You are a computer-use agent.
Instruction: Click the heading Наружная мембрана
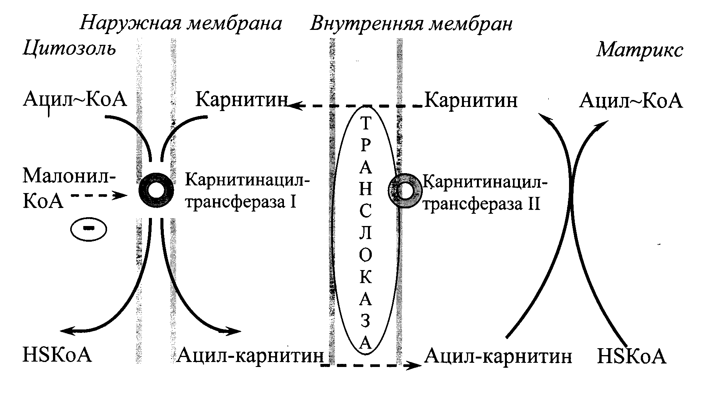click(x=181, y=24)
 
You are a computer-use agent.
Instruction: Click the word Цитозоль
click(x=69, y=49)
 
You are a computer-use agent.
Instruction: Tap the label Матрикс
click(x=640, y=50)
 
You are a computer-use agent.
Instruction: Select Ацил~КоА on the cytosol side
click(x=75, y=100)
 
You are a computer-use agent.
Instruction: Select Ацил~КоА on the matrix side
click(x=631, y=101)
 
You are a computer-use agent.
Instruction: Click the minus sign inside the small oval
click(x=89, y=228)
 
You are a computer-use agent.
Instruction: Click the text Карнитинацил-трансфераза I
click(x=247, y=190)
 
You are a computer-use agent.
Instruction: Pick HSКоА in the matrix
click(x=632, y=356)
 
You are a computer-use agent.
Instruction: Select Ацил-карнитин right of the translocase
click(x=498, y=356)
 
